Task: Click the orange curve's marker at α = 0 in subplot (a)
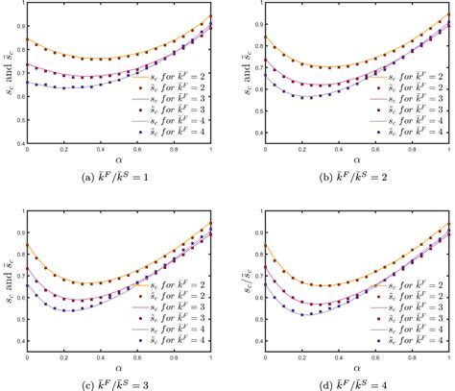(27, 40)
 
